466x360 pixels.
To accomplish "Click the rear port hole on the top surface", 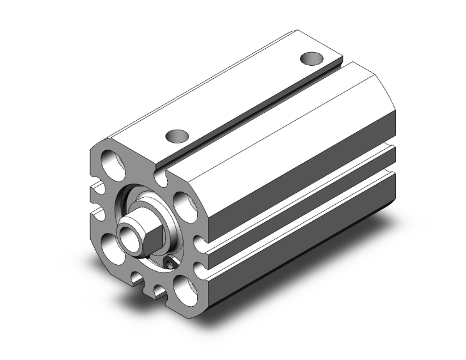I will pyautogui.click(x=311, y=58).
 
